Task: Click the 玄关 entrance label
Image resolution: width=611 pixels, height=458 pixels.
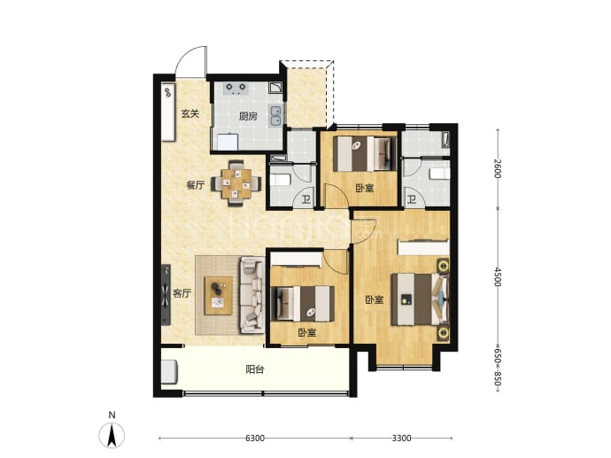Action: [x=190, y=113]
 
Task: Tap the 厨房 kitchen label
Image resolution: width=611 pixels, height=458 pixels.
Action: [x=248, y=116]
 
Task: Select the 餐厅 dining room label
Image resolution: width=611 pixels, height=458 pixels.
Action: [x=195, y=185]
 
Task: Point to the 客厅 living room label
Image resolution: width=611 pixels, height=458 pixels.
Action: [x=182, y=293]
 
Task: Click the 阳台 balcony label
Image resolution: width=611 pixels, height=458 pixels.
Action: [x=255, y=369]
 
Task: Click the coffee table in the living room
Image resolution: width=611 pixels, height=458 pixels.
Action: [x=219, y=296]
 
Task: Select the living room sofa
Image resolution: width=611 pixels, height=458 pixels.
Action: [x=252, y=295]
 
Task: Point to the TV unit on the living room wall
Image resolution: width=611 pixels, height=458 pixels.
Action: [x=166, y=295]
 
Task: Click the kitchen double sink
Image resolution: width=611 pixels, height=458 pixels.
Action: [x=276, y=116]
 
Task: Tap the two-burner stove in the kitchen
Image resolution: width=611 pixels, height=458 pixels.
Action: [x=236, y=89]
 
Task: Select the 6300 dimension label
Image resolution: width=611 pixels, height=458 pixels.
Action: [x=255, y=439]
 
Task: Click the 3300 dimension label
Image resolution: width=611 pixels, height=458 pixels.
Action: [x=401, y=439]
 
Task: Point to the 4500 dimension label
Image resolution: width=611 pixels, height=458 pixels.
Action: [x=498, y=276]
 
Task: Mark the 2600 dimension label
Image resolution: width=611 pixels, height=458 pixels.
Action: [x=498, y=168]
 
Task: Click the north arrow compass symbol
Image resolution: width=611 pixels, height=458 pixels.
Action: [x=112, y=434]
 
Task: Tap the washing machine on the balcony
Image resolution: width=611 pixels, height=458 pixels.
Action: [x=169, y=372]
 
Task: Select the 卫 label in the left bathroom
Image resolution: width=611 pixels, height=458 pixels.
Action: [x=306, y=200]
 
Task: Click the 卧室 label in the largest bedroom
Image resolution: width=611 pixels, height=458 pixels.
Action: [x=374, y=299]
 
